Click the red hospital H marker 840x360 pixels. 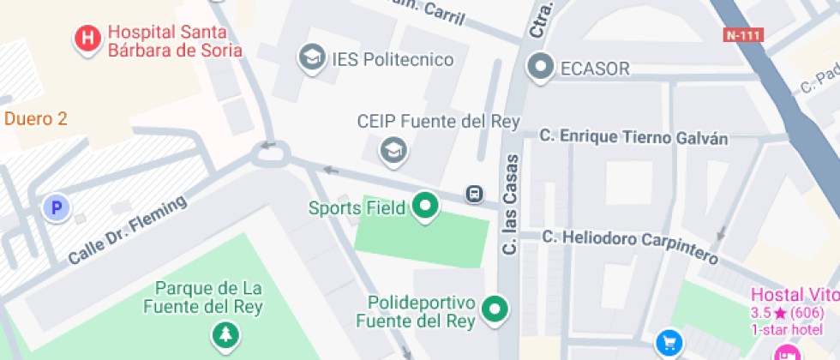[87, 39]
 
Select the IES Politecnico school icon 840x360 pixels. [310, 58]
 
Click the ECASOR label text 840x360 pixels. [594, 69]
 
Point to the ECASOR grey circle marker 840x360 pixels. [541, 66]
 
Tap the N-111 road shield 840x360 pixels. [742, 35]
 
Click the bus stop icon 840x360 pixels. [474, 193]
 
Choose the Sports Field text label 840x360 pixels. [357, 207]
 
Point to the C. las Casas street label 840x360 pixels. [511, 203]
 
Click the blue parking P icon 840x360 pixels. [57, 207]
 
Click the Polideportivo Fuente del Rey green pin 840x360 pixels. [494, 309]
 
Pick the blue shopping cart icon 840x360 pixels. [669, 344]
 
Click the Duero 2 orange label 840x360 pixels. [36, 119]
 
